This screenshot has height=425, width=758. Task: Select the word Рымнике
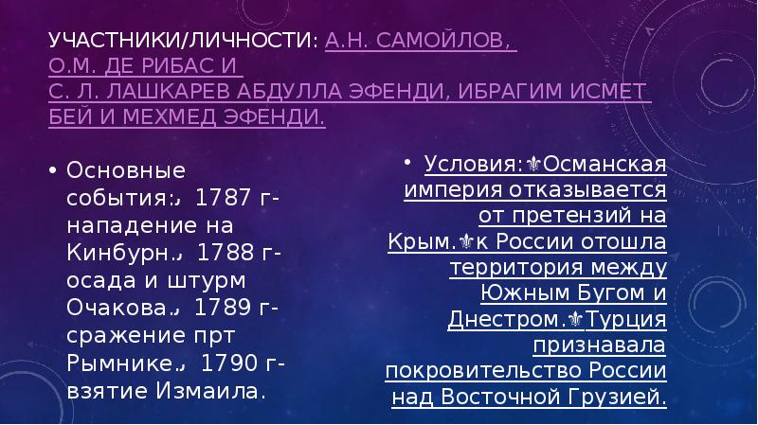click(x=107, y=363)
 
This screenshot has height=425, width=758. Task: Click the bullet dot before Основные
click(x=52, y=171)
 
